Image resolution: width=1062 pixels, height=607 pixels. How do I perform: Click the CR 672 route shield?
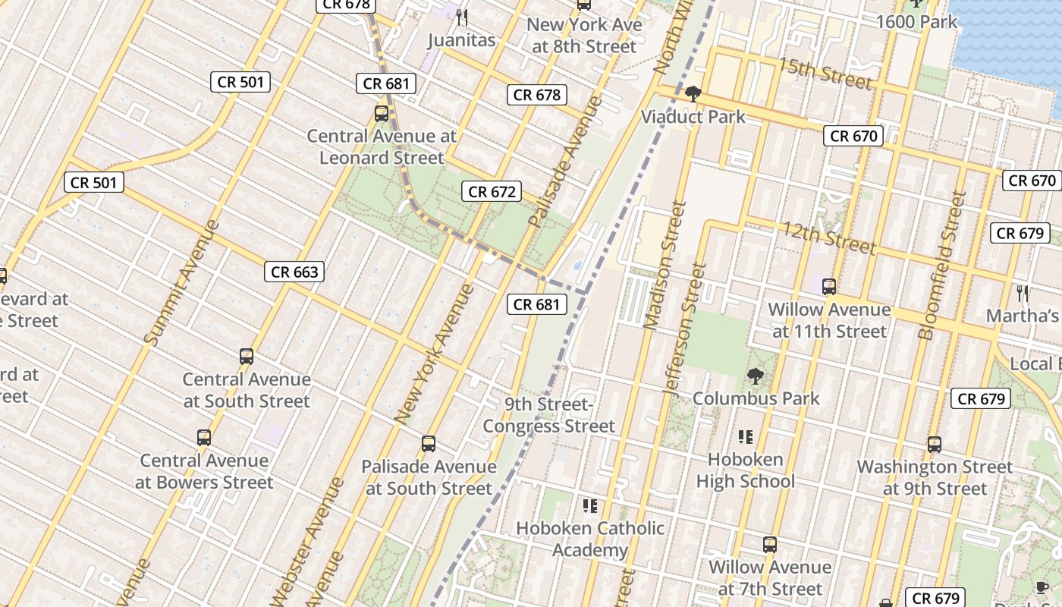click(492, 192)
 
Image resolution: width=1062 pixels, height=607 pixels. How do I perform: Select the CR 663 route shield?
click(294, 272)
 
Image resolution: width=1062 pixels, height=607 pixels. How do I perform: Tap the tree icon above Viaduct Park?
click(693, 94)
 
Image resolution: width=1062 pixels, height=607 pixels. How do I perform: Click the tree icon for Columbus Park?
click(756, 376)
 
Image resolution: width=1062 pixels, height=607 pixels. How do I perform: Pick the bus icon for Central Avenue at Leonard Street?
click(382, 114)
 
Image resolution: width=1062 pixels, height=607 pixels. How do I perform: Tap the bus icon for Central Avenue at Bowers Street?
click(203, 438)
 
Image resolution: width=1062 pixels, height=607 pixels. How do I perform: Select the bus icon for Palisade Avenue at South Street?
click(429, 444)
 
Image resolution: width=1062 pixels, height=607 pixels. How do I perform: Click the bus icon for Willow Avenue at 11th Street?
click(829, 287)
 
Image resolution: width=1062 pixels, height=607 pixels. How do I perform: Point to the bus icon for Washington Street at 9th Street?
click(935, 445)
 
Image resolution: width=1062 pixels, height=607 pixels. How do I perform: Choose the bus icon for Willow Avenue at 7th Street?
click(770, 544)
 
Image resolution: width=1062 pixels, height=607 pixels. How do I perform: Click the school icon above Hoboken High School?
click(746, 436)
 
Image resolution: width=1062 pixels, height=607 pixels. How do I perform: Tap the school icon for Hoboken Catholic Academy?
click(589, 505)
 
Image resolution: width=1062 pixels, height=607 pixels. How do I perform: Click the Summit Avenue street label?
click(181, 282)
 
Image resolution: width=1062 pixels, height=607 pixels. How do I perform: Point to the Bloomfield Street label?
click(941, 266)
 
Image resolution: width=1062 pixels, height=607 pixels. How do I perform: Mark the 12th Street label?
click(828, 237)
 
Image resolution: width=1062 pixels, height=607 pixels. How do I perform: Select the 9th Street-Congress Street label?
click(548, 415)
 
